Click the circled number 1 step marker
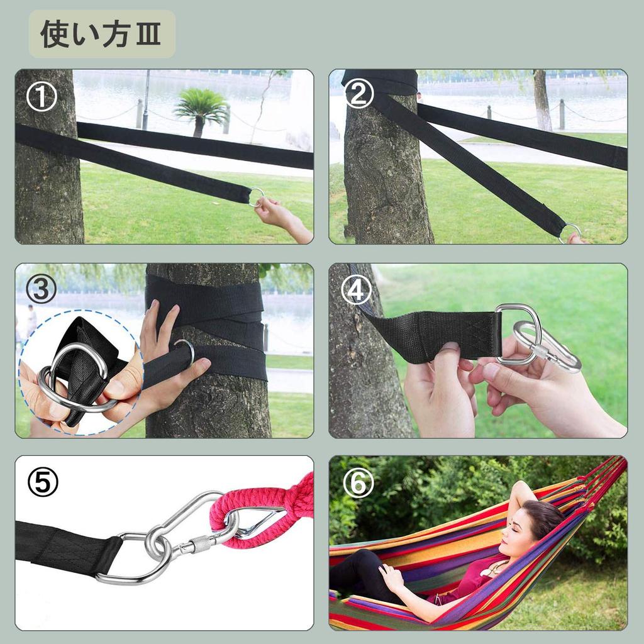pos(42,96)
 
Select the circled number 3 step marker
pos(41,289)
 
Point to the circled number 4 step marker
pos(357,291)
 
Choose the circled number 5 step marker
pos(43,482)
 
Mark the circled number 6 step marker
pos(358,482)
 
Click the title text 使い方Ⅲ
pos(101,34)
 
